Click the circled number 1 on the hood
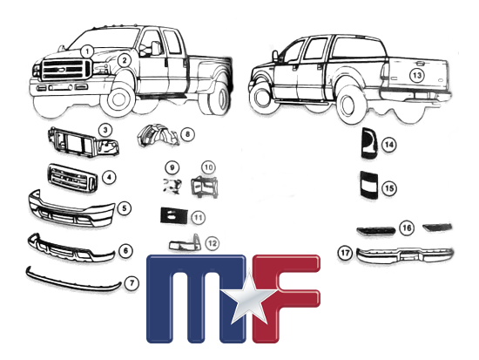(x=88, y=51)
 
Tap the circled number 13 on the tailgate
(x=417, y=75)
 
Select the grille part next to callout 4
(x=72, y=179)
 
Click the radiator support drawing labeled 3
(x=84, y=143)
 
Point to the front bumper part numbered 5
(x=71, y=208)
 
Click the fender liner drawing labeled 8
(x=158, y=135)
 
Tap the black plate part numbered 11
(x=173, y=215)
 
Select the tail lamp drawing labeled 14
(x=369, y=143)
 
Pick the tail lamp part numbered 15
(x=369, y=184)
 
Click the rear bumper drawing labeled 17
(x=405, y=255)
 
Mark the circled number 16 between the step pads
(x=407, y=228)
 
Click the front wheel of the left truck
(x=118, y=98)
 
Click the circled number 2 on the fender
(x=125, y=60)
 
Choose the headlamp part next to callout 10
(x=204, y=186)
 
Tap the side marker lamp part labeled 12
(x=185, y=243)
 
